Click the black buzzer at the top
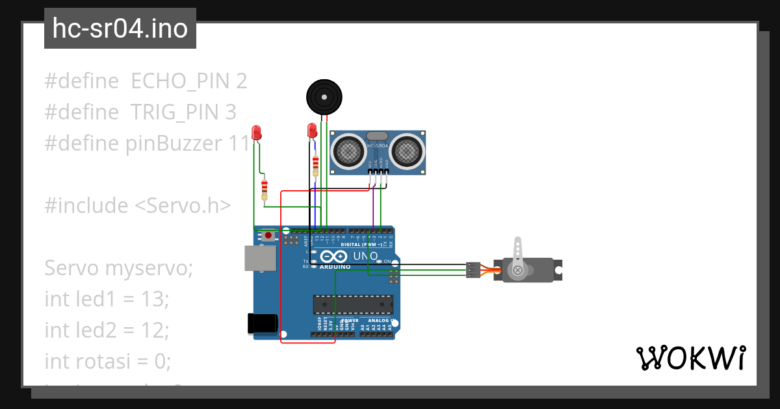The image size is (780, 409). [x=323, y=97]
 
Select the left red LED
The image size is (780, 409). [x=257, y=132]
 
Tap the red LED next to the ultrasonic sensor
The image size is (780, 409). [x=311, y=131]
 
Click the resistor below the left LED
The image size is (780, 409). [x=264, y=190]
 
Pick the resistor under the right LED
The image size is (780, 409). [x=316, y=165]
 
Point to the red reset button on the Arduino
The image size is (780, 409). [x=268, y=236]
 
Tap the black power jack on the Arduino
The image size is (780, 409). [x=263, y=323]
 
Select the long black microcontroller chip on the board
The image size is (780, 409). [x=353, y=304]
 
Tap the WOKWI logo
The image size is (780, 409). [x=690, y=358]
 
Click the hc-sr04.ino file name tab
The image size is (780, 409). [x=120, y=29]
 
